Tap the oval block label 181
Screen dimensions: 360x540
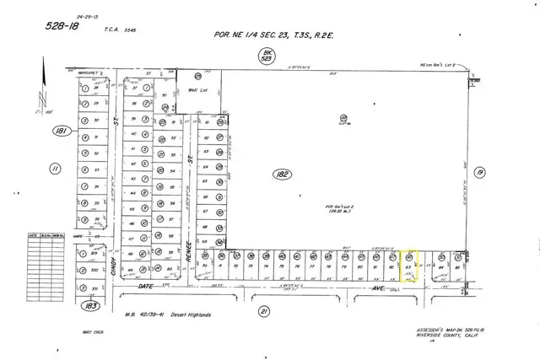coord(59,131)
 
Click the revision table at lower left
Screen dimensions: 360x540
coord(46,248)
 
